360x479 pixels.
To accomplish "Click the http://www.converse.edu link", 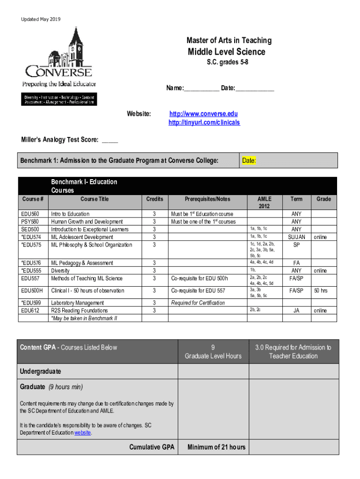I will (x=203, y=114).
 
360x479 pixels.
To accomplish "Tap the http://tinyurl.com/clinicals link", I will (x=204, y=123).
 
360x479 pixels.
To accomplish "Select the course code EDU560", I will (x=29, y=214).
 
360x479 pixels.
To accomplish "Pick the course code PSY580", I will (x=29, y=222).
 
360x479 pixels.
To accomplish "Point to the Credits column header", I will (x=154, y=199).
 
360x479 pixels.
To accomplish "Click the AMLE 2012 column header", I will (x=264, y=203).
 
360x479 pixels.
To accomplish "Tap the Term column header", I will (x=296, y=199).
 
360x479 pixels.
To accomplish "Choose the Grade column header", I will (x=324, y=199).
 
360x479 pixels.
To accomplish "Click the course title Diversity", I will (x=60, y=271).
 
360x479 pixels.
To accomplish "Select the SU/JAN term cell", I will (x=296, y=237).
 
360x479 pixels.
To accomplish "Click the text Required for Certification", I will (x=198, y=303).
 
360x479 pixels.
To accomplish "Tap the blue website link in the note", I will (x=83, y=433).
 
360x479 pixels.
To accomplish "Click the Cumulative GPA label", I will (x=151, y=448).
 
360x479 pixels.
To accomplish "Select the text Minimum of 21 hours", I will (x=216, y=448).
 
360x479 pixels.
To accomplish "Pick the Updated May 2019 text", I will (x=41, y=19).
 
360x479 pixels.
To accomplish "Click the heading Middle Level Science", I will (x=226, y=52).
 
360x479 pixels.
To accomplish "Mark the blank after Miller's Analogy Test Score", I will (x=110, y=140).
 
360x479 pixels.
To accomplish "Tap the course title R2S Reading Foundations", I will (x=79, y=311).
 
